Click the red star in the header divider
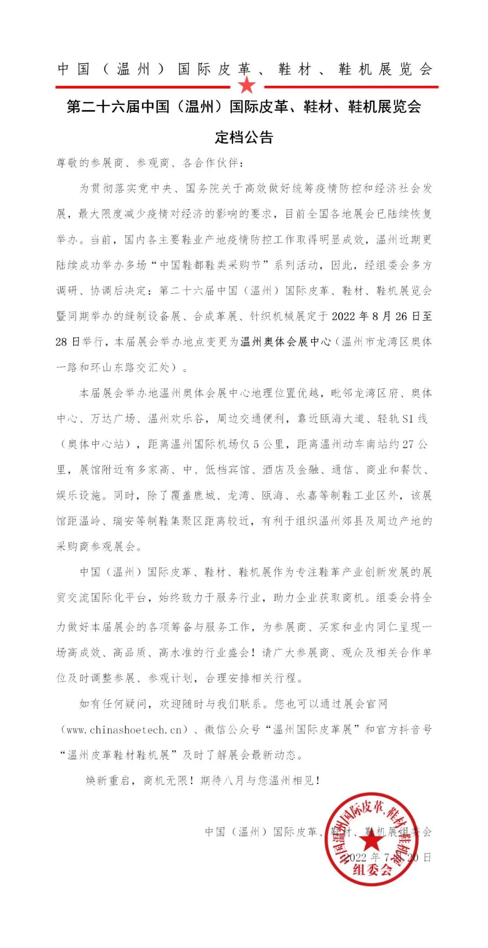(x=247, y=84)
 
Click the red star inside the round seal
(x=372, y=840)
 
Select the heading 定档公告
(x=244, y=137)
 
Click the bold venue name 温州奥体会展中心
(x=286, y=342)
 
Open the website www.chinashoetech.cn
(x=124, y=730)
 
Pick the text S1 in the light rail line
(x=408, y=419)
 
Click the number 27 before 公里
(x=408, y=445)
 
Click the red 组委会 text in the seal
(x=372, y=870)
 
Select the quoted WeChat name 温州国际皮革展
(x=312, y=730)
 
